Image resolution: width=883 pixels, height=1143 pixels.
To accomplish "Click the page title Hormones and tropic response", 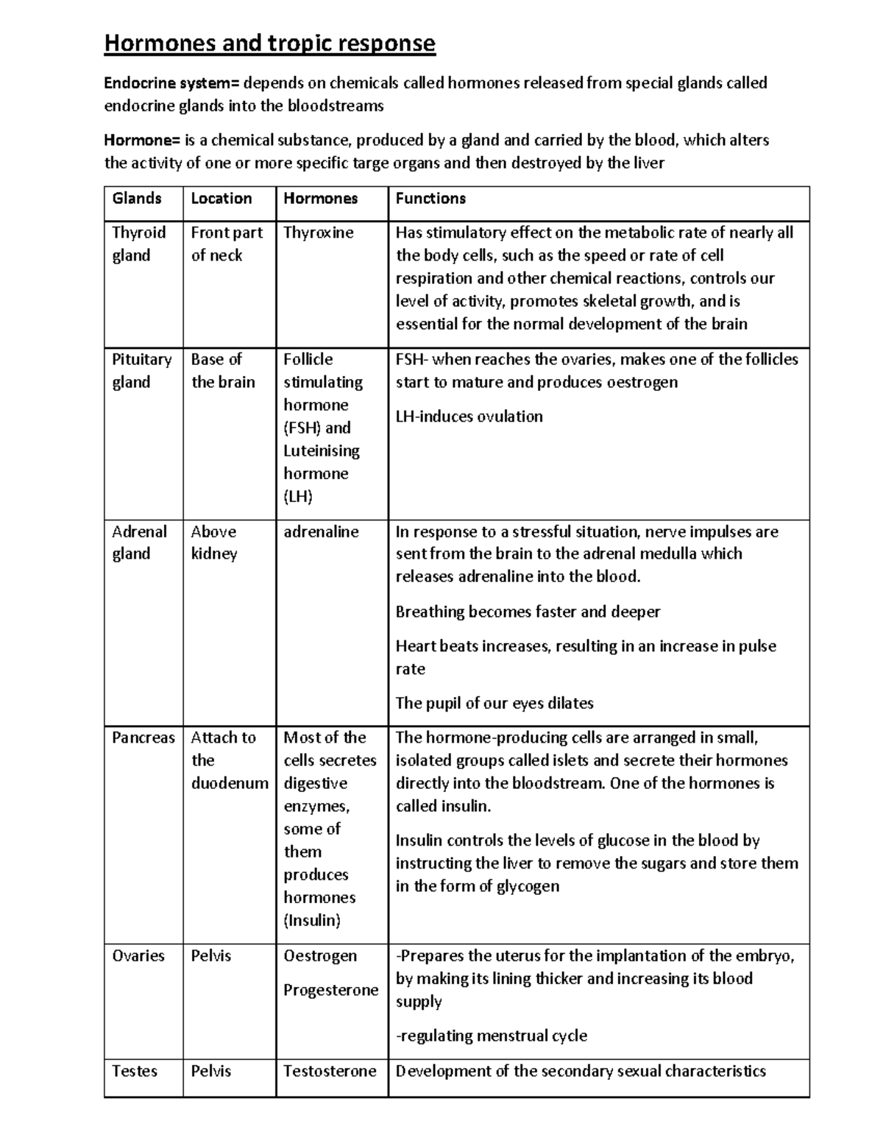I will click(x=269, y=43).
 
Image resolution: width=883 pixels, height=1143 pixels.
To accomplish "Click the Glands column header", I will click(x=137, y=198).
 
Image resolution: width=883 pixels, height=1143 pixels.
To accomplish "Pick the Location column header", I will click(x=221, y=198).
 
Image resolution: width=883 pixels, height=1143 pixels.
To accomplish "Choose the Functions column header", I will click(x=430, y=198).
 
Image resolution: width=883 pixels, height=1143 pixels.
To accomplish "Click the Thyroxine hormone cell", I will click(x=318, y=233).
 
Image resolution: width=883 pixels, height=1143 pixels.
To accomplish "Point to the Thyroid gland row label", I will click(x=138, y=244).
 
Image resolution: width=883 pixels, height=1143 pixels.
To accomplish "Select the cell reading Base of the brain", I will click(x=223, y=370).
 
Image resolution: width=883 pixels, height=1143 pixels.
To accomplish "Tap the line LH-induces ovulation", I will click(x=469, y=417).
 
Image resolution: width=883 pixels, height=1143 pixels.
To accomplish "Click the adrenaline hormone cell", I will click(x=321, y=531).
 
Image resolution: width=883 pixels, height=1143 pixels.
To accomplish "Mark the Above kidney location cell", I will click(x=213, y=542).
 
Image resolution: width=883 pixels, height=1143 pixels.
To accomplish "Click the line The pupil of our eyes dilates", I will click(x=494, y=703).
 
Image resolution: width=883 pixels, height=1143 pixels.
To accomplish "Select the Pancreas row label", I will click(x=143, y=737).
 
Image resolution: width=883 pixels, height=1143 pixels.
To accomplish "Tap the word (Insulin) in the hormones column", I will click(x=312, y=920).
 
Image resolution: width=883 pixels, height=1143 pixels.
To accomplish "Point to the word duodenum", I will click(x=230, y=783).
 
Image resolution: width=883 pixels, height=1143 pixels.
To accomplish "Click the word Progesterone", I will click(x=330, y=990).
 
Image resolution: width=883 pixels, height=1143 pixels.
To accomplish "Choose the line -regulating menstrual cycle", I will click(x=492, y=1036).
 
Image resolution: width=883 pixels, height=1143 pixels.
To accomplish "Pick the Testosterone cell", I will click(x=330, y=1071).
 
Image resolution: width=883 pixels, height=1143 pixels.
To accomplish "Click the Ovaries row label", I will click(x=138, y=955).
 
